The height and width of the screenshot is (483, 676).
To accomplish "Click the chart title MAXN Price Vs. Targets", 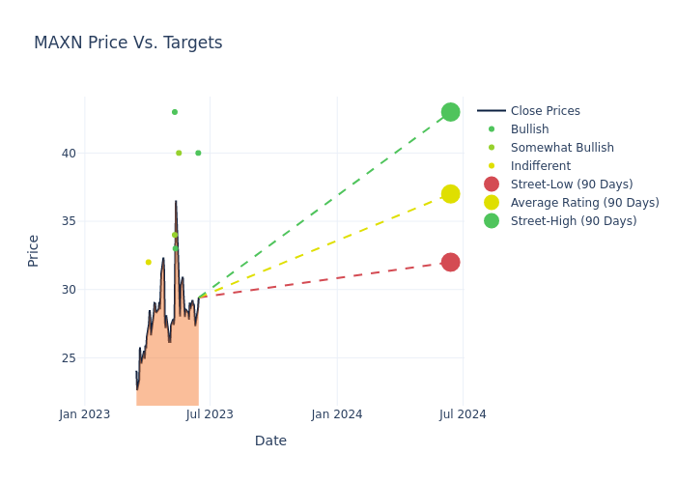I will pos(127,43).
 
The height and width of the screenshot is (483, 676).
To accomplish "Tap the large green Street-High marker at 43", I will pos(450,112).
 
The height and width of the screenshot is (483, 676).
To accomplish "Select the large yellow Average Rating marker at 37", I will pos(450,194).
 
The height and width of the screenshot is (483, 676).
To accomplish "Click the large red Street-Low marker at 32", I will pos(450,262).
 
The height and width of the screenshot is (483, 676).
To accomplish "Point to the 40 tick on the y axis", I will pos(68,153).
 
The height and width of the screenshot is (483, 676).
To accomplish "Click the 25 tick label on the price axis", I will pos(68,357).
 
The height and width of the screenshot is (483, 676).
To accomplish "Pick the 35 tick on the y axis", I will pos(68,221).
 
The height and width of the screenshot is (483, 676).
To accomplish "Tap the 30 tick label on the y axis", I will pos(68,290).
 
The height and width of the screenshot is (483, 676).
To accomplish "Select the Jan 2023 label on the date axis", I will pos(85,414).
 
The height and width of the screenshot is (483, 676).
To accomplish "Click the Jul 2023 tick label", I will pos(210,414).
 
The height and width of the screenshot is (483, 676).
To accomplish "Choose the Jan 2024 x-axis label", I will pos(337,414).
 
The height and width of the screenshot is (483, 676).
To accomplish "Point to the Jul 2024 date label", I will pos(463,414).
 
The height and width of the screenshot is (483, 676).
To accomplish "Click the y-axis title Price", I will pos(34,250).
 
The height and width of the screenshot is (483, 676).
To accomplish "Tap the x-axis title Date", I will pos(270,440).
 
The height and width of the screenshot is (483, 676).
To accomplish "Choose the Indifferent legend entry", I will pos(540,166).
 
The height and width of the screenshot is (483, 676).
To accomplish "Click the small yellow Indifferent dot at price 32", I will pos(148,262).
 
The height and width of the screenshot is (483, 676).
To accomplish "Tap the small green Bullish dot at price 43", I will pos(175,112).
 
